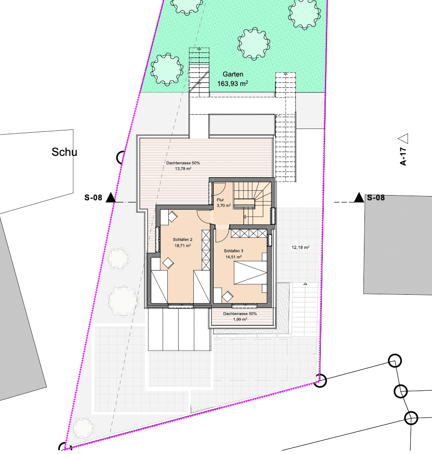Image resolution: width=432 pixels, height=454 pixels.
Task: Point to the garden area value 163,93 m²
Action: tap(233, 84)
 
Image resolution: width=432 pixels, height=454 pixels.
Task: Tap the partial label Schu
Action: tap(64, 152)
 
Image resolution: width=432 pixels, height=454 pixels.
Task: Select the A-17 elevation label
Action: tap(403, 155)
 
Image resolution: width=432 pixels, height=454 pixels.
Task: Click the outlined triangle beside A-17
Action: tap(403, 138)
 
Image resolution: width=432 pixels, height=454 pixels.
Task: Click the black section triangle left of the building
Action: tap(111, 197)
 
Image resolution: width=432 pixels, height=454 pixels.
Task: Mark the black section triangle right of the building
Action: tap(359, 197)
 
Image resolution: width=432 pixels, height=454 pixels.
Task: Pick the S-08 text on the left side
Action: tap(94, 198)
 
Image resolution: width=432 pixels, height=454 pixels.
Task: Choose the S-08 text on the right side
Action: tap(376, 198)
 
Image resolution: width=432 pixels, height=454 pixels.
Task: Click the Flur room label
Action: tap(220, 200)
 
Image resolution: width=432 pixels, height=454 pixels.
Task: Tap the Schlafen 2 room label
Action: tap(182, 240)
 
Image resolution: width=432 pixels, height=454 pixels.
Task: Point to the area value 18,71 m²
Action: tap(182, 246)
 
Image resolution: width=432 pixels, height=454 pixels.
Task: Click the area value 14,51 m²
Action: tap(233, 257)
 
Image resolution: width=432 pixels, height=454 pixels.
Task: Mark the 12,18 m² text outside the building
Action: tap(300, 247)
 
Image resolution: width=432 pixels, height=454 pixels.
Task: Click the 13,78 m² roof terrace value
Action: tap(183, 168)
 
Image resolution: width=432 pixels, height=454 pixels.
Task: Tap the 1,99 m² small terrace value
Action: tap(240, 319)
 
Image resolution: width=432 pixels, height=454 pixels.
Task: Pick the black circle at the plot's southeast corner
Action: tap(320, 380)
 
